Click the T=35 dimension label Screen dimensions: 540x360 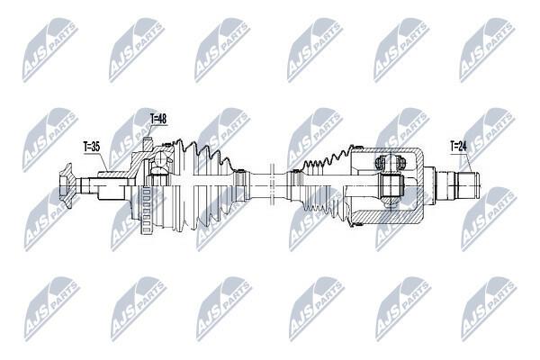click(92, 147)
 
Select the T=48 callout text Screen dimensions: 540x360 click(158, 119)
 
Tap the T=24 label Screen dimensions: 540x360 click(458, 147)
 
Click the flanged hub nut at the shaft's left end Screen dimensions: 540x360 click(67, 185)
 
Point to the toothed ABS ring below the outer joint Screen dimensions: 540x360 click(146, 211)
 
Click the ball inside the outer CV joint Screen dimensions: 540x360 click(160, 159)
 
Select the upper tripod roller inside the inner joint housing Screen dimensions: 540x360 click(391, 162)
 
